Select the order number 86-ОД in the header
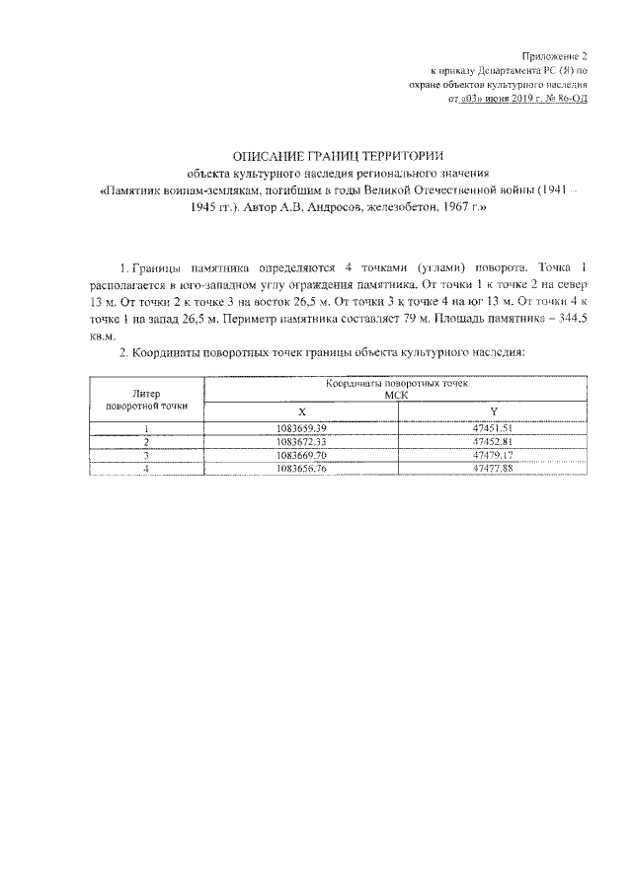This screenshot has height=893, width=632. click(570, 100)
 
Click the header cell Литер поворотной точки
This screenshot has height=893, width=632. click(146, 400)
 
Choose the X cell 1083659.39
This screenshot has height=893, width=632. click(303, 427)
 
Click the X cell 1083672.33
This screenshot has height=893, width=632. click(303, 442)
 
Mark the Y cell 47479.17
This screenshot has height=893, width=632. click(494, 456)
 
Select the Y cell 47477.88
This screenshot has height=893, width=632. click(494, 470)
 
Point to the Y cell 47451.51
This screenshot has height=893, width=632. click(494, 427)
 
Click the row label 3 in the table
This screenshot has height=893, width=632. click(146, 456)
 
